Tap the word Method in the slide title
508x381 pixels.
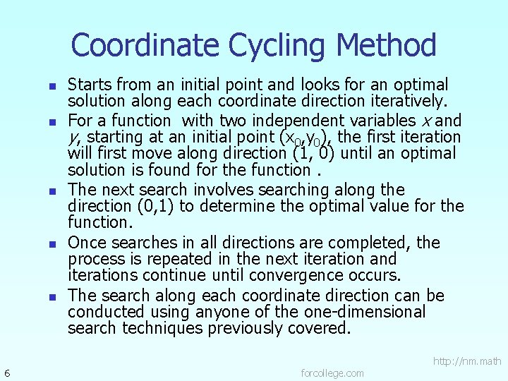coord(387,46)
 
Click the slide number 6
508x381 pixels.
coord(6,373)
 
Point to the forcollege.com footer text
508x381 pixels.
coord(332,373)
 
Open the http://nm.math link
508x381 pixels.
coord(467,361)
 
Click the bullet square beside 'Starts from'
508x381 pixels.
coord(52,86)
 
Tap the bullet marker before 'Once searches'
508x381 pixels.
coord(52,244)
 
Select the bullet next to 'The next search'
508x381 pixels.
coord(52,191)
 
